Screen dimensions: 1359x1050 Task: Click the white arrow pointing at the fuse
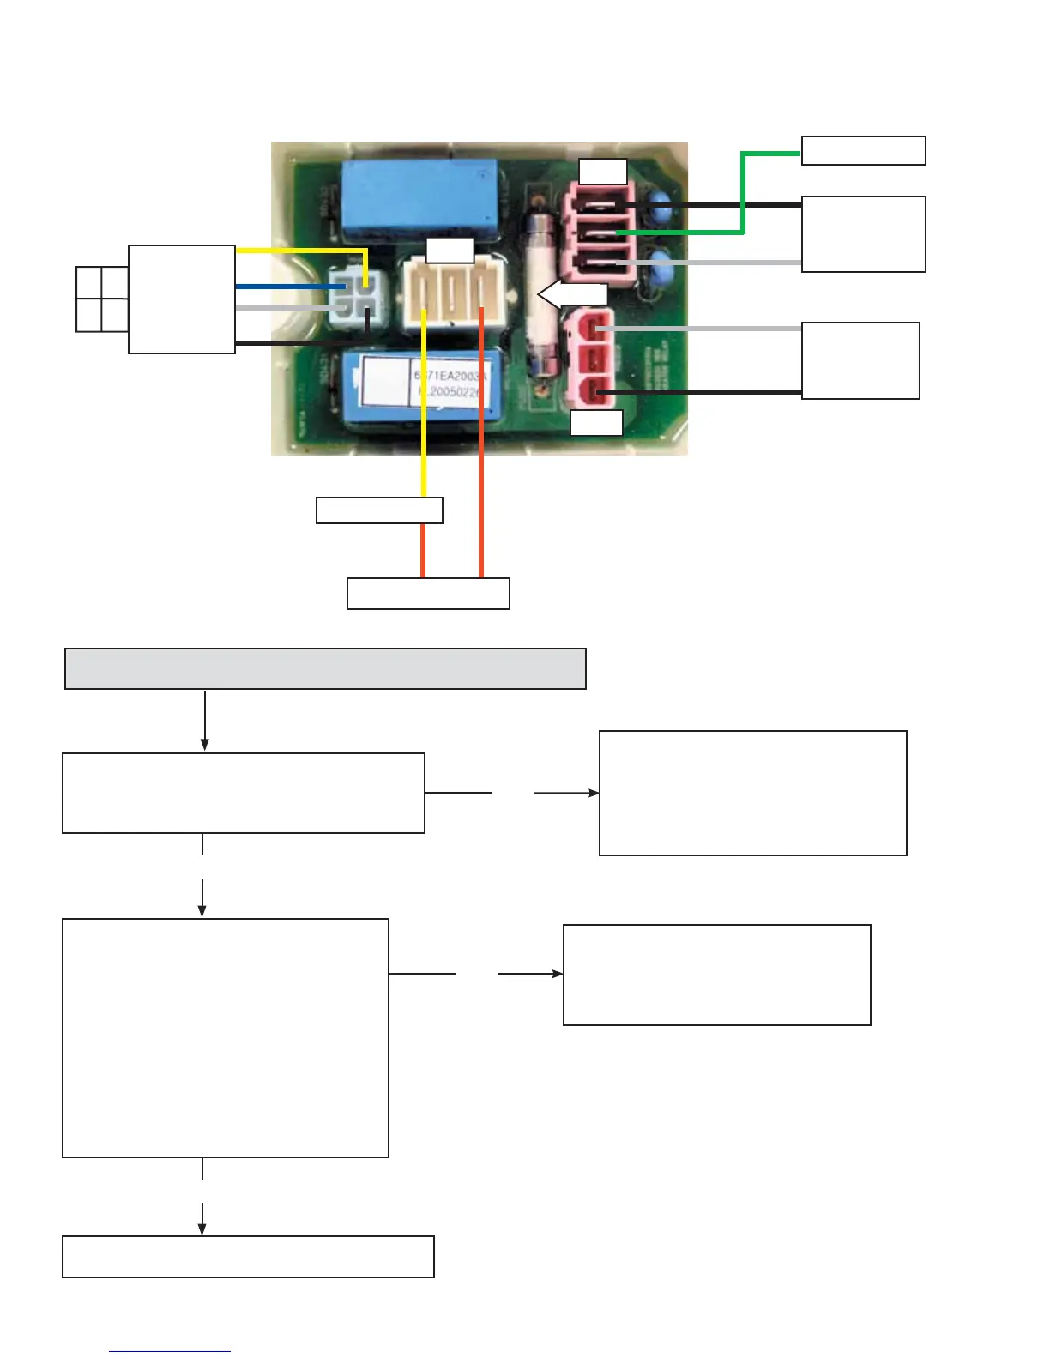click(570, 294)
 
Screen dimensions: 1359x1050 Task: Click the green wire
click(743, 193)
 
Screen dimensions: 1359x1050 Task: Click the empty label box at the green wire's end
click(863, 150)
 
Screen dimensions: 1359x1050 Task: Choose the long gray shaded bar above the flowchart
click(325, 668)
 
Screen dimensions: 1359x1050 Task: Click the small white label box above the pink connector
click(602, 172)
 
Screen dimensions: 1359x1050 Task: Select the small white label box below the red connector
click(596, 423)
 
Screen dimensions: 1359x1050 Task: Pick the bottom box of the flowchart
click(248, 1257)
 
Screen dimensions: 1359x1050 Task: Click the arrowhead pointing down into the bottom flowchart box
click(202, 1229)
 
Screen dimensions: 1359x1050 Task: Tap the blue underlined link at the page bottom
click(170, 1350)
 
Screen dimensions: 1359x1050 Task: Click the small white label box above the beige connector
click(450, 250)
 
